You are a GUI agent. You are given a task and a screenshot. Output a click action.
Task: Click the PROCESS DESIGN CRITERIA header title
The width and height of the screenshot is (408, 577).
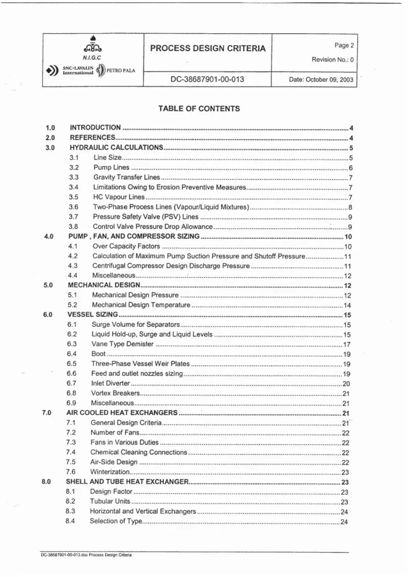click(x=209, y=48)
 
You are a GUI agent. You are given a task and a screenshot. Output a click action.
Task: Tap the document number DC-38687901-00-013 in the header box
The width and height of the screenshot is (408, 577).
click(x=209, y=79)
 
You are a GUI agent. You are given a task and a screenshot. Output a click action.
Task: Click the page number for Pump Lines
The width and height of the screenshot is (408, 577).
click(x=350, y=168)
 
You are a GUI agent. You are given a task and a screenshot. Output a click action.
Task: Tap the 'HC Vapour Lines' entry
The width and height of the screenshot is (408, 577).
click(x=119, y=197)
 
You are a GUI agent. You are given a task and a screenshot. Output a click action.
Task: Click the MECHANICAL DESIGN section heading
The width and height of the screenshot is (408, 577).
click(x=104, y=286)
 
